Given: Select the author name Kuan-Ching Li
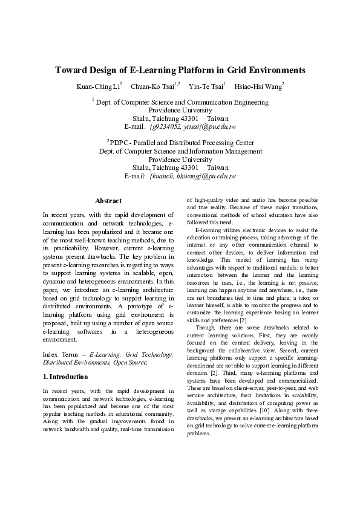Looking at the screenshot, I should click(98, 87).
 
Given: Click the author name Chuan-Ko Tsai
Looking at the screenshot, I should click(154, 87).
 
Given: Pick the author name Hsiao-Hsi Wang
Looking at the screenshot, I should click(258, 87).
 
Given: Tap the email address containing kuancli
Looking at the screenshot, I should click(192, 176).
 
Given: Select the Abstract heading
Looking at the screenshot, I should click(108, 201).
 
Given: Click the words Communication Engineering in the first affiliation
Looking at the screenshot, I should click(226, 103).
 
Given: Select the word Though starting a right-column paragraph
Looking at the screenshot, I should click(204, 327).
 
